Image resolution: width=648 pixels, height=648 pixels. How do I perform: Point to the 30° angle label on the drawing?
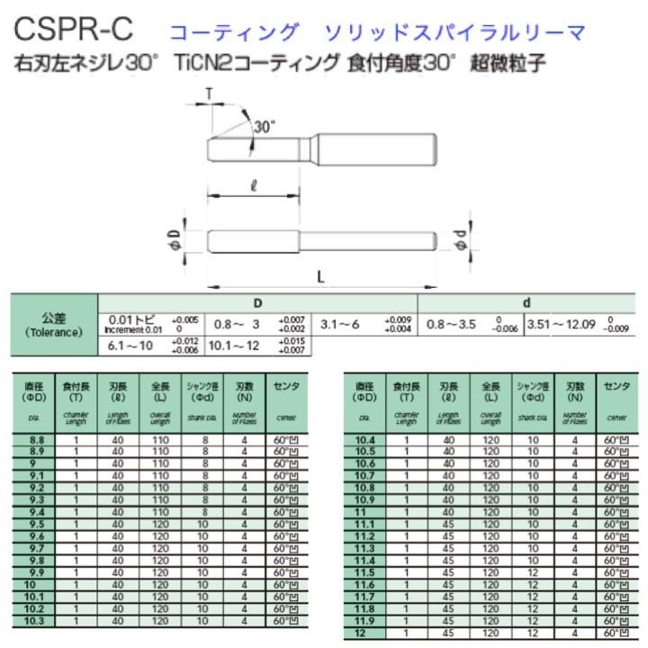[263, 127]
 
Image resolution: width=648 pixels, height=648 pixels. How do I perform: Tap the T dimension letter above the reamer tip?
[209, 94]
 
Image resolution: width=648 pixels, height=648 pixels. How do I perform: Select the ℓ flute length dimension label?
[255, 186]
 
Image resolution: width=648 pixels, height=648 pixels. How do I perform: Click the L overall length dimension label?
[321, 277]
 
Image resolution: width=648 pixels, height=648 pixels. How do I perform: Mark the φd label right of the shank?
[461, 240]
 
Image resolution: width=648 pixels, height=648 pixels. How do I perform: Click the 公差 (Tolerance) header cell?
[53, 325]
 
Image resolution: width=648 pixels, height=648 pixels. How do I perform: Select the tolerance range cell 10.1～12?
[234, 345]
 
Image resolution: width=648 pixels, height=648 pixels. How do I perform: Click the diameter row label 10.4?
[364, 440]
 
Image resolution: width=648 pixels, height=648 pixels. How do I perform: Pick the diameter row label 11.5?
[364, 572]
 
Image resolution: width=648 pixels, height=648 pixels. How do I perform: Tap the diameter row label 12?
[364, 632]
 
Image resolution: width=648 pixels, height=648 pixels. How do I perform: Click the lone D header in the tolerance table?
[257, 303]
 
